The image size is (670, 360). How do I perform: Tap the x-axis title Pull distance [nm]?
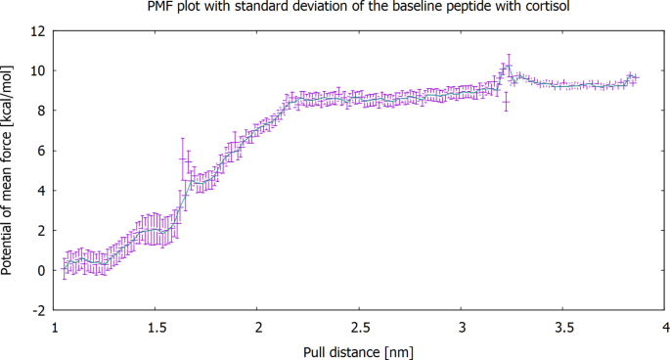(x=359, y=348)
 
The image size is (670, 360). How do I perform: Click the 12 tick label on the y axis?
(x=37, y=30)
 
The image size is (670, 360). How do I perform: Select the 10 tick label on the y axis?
(x=37, y=70)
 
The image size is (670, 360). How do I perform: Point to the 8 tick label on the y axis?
(x=40, y=111)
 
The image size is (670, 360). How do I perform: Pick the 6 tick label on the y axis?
(x=40, y=151)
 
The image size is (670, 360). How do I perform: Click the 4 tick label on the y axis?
(x=40, y=190)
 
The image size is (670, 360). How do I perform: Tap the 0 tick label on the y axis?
(x=40, y=270)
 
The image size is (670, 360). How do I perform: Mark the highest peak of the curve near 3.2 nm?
(x=508, y=67)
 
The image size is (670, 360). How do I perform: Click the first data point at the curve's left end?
(x=65, y=266)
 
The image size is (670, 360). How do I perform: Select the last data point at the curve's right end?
(x=636, y=77)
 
